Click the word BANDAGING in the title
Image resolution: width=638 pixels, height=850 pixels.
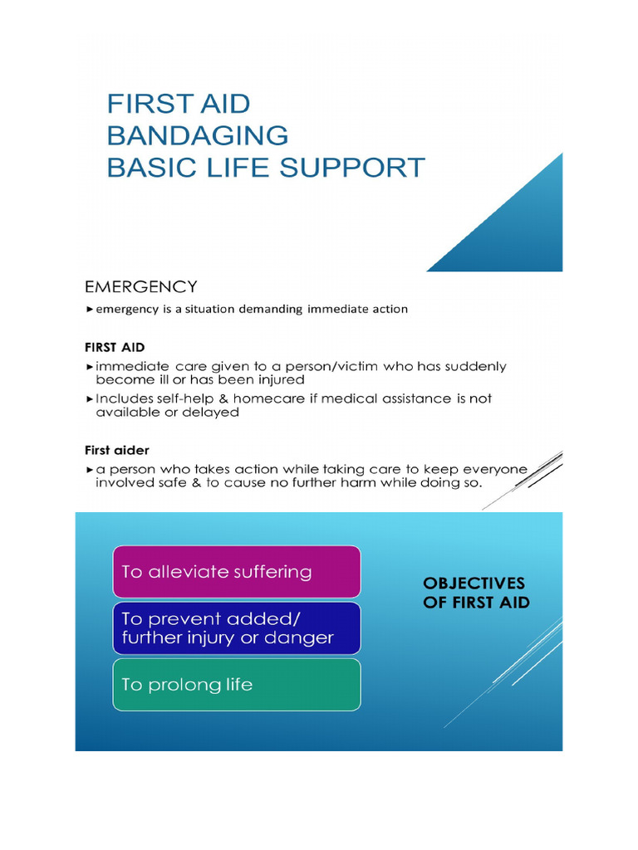(198, 135)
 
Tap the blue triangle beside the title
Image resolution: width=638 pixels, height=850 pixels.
(515, 228)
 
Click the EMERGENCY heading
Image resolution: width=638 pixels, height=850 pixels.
(140, 287)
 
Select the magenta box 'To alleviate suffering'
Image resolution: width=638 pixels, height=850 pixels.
(237, 571)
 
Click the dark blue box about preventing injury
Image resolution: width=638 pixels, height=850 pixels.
(237, 628)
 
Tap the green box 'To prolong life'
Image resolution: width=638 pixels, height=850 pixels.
(237, 684)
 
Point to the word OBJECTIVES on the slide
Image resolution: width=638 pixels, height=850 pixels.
(474, 584)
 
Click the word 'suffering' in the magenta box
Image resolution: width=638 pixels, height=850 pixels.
(272, 572)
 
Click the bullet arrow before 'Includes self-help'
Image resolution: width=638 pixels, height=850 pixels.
(89, 398)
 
